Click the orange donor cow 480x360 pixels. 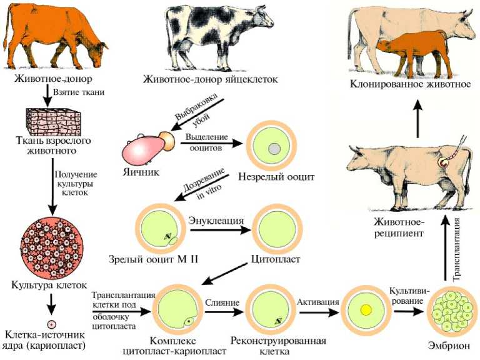[41, 34]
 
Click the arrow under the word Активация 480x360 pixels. [319, 310]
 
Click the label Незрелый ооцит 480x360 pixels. [276, 177]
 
